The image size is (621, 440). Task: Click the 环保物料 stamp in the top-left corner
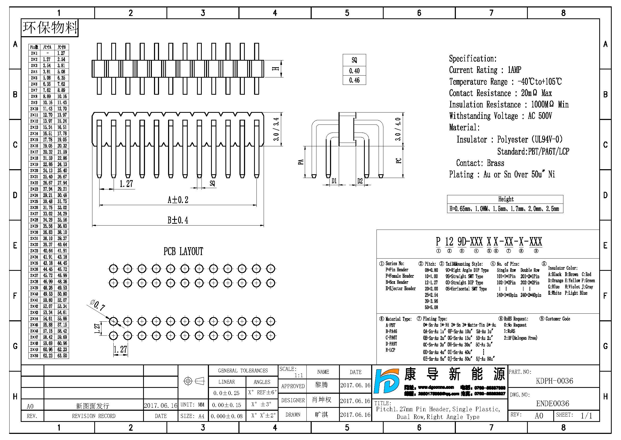50,28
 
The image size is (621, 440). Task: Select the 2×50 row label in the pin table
34,356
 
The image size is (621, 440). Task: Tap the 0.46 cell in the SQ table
354,80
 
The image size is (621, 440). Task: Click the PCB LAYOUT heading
183,251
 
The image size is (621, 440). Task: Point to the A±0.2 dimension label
178,200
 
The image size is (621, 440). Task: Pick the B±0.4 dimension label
178,220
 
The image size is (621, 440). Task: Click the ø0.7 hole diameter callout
97,305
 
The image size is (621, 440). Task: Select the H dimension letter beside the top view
276,69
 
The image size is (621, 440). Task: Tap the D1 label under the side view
334,181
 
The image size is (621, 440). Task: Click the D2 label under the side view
360,181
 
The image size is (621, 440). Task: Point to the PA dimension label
301,162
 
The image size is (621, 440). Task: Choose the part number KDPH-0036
554,381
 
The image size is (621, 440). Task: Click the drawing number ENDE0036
553,404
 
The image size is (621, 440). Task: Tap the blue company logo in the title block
386,381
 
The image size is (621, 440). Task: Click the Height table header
506,199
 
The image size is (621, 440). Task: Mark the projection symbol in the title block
194,381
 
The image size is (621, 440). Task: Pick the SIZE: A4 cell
192,416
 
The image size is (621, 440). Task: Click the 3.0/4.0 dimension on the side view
398,129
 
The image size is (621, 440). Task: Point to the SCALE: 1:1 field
292,372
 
